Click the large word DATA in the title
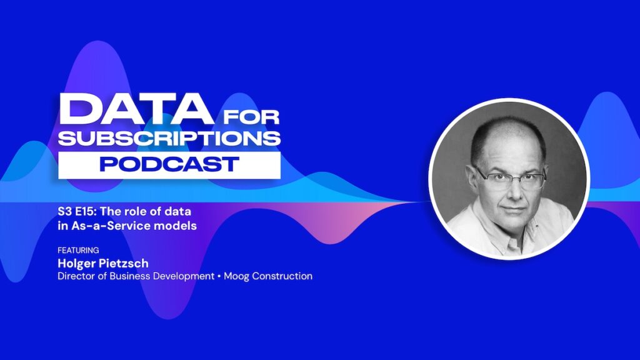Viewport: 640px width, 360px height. point(136,109)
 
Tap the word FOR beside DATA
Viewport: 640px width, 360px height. point(251,117)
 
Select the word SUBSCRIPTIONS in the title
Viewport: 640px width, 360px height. point(169,138)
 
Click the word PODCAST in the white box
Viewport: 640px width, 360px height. point(169,164)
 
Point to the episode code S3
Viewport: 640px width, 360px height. point(64,211)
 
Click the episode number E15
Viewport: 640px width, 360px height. point(85,211)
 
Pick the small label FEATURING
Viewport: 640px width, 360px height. point(78,250)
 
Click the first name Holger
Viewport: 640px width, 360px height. point(74,263)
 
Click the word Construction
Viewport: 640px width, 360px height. point(282,276)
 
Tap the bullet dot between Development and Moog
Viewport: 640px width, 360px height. point(219,276)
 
